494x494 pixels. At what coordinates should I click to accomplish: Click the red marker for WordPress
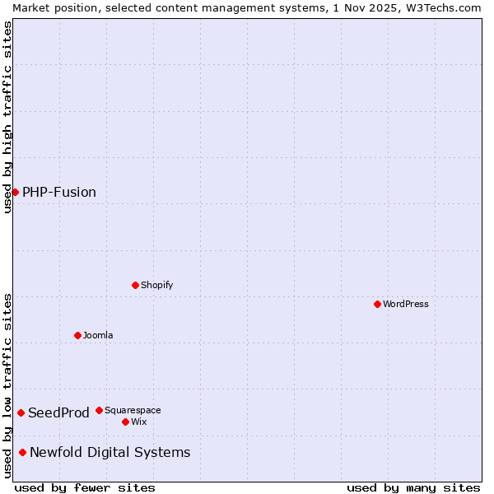(x=377, y=304)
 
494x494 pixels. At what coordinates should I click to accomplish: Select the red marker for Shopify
(x=135, y=285)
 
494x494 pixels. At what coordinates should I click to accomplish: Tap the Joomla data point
(x=77, y=335)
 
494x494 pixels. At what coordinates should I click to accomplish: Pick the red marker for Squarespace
(x=99, y=410)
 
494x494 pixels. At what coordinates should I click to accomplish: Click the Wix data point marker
(x=125, y=422)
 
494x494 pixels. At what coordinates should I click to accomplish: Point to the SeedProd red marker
(x=21, y=412)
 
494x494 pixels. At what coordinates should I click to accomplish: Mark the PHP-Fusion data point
(x=15, y=192)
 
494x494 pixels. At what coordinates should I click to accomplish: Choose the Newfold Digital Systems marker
(x=22, y=452)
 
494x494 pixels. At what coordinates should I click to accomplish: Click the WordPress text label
(x=406, y=304)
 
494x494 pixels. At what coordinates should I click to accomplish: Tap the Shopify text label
(x=156, y=285)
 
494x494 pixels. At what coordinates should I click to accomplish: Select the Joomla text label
(x=98, y=335)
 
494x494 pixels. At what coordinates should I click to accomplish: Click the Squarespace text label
(x=133, y=410)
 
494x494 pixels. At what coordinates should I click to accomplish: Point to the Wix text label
(x=138, y=422)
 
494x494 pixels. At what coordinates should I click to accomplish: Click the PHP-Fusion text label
(x=59, y=193)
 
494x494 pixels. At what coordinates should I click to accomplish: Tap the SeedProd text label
(x=58, y=413)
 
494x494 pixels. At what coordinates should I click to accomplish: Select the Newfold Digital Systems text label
(x=110, y=453)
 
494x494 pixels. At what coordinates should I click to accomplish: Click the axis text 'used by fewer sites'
(x=85, y=487)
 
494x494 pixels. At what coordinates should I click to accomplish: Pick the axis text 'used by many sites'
(x=413, y=487)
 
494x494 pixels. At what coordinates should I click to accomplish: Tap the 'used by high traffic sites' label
(x=7, y=117)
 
